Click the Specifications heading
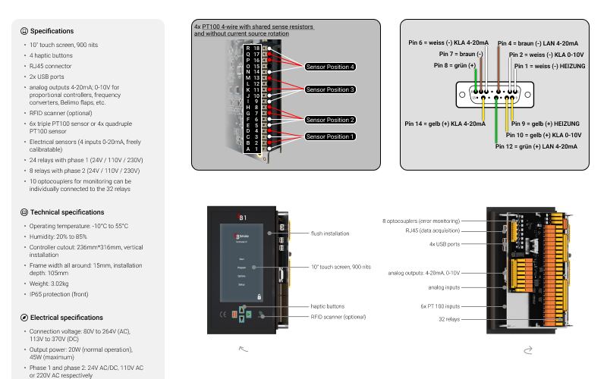coord(52,31)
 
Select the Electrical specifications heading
coord(66,318)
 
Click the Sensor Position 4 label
coord(330,67)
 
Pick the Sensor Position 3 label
coord(330,89)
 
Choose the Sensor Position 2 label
coord(330,120)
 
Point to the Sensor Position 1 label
coord(330,136)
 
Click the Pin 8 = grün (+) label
coord(455,65)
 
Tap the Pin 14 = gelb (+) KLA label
coord(445,123)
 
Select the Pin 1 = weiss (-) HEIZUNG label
coord(544,66)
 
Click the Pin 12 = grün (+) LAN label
coord(536,146)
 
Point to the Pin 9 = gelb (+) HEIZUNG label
coord(546,123)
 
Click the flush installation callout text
coord(330,233)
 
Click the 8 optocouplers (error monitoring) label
coord(432,221)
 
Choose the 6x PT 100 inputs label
coord(440,306)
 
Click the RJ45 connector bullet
coord(52,66)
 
